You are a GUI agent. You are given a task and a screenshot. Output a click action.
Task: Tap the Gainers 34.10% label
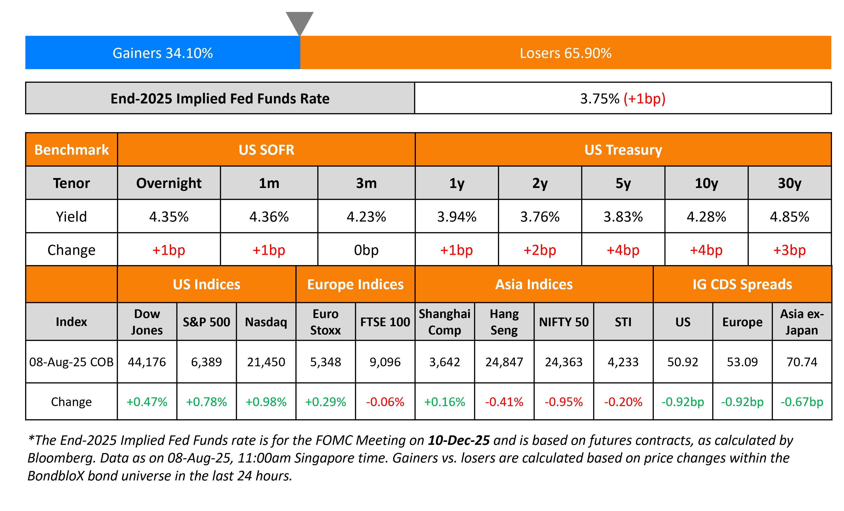tap(163, 53)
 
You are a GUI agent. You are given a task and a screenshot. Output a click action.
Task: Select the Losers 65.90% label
tap(566, 53)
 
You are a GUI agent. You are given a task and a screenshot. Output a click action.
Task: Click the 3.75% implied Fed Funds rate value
tap(599, 99)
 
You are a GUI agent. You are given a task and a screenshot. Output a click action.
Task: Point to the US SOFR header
tap(266, 150)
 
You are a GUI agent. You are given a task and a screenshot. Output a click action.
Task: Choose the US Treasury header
tap(623, 150)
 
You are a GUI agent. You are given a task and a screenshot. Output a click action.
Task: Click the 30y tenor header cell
tap(790, 183)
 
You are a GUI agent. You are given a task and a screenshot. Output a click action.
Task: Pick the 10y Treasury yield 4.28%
tap(706, 217)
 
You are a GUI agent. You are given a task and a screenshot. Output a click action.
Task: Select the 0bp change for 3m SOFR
tap(366, 250)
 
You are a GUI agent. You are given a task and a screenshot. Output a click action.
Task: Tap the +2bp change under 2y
tap(540, 250)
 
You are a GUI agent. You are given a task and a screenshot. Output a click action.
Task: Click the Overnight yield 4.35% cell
tap(169, 217)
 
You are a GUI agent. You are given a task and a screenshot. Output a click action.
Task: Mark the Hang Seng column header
tap(504, 322)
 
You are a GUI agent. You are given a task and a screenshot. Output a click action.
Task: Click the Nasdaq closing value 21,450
tap(266, 362)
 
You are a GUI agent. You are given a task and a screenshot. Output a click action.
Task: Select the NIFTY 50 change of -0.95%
tap(564, 402)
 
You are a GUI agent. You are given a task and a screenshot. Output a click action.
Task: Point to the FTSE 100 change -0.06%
tap(385, 402)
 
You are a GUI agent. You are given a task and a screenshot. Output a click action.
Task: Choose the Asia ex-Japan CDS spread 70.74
tap(802, 362)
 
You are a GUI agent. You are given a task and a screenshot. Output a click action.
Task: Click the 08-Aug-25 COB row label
tap(71, 362)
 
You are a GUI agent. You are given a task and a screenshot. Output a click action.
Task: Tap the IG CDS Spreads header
tap(742, 284)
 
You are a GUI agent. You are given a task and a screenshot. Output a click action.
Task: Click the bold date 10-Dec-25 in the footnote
tap(459, 440)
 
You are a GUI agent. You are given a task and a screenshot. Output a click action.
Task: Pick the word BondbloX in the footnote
tap(55, 476)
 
